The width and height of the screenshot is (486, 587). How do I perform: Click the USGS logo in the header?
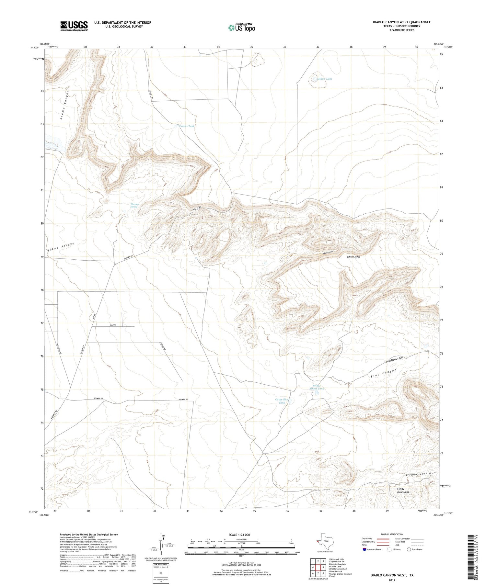(74, 26)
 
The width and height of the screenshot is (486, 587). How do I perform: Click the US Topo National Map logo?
(241, 28)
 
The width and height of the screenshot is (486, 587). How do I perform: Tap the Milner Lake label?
(325, 79)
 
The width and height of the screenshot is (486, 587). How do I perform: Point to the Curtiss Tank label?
(187, 126)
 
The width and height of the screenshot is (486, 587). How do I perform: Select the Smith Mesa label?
(353, 257)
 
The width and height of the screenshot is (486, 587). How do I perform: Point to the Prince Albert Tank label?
(316, 387)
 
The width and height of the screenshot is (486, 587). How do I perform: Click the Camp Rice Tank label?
(282, 401)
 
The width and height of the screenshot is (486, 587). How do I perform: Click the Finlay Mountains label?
(403, 490)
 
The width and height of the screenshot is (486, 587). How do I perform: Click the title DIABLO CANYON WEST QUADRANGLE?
(401, 22)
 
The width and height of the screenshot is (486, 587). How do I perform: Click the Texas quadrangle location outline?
(324, 541)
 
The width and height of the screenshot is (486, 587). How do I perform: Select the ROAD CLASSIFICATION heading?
(392, 534)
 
